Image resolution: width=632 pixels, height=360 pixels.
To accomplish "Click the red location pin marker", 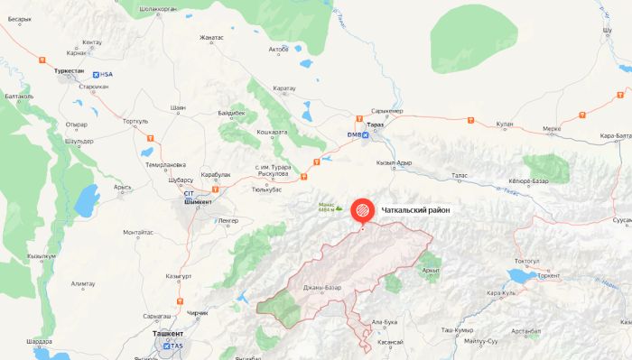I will pyautogui.click(x=363, y=210).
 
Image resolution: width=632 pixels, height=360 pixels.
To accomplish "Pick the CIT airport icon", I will pyautogui.click(x=189, y=193).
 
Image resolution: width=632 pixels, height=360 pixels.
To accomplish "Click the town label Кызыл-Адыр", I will pyautogui.click(x=394, y=162).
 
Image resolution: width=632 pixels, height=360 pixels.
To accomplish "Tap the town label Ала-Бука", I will pyautogui.click(x=385, y=321).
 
